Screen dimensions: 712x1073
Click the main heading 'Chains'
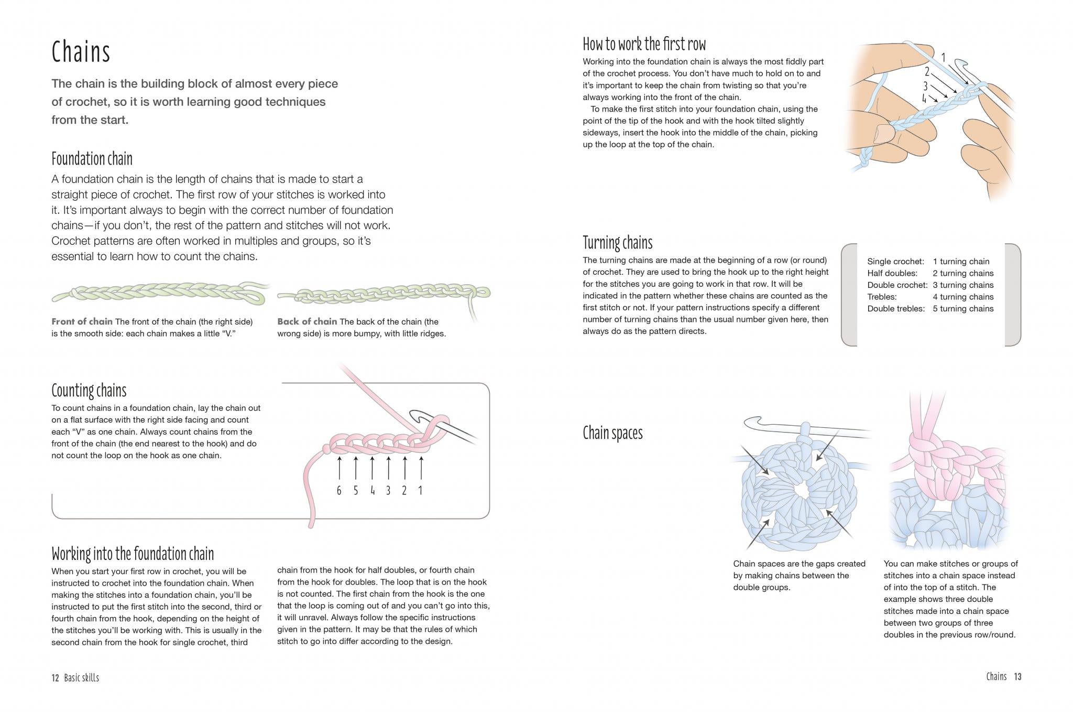coord(81,52)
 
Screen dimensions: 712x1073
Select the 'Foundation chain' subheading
coord(92,159)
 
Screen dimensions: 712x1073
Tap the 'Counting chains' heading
coord(89,391)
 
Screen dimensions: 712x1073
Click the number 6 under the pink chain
coord(339,491)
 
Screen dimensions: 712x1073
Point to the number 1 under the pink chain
coord(420,491)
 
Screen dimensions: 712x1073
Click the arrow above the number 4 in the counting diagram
coord(373,468)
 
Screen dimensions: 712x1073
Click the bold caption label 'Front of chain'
coord(82,322)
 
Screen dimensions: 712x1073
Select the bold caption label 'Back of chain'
coord(307,322)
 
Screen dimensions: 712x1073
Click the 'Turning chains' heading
coord(618,243)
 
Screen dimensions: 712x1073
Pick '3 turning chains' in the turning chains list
coord(963,285)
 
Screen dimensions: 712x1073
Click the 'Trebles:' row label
coord(882,297)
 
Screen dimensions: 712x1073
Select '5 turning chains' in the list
coord(963,309)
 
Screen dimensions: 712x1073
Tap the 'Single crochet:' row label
coord(895,262)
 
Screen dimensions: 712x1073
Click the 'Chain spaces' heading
coord(612,434)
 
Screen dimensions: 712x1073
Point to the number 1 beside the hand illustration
coord(944,57)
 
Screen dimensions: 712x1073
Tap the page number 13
coord(1017,677)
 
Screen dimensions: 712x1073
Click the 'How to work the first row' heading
coord(644,45)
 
